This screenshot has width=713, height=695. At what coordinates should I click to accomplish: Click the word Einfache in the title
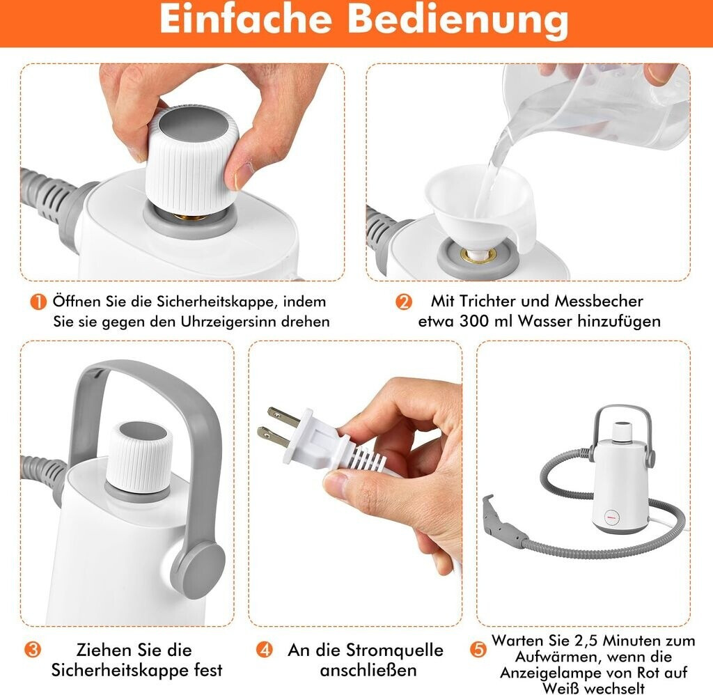(245, 19)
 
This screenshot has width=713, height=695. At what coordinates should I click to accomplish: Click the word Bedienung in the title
(458, 21)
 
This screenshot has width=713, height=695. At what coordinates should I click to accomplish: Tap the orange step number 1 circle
(38, 302)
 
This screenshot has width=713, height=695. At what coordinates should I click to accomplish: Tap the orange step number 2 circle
(403, 302)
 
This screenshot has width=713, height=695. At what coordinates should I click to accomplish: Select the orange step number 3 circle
(32, 650)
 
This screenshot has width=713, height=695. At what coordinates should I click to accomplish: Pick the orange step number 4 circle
(265, 650)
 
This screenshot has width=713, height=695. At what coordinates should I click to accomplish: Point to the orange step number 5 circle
(478, 650)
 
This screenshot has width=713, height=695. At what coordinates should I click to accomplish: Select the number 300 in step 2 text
(473, 321)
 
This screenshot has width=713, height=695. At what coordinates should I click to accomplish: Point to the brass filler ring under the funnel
(478, 256)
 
